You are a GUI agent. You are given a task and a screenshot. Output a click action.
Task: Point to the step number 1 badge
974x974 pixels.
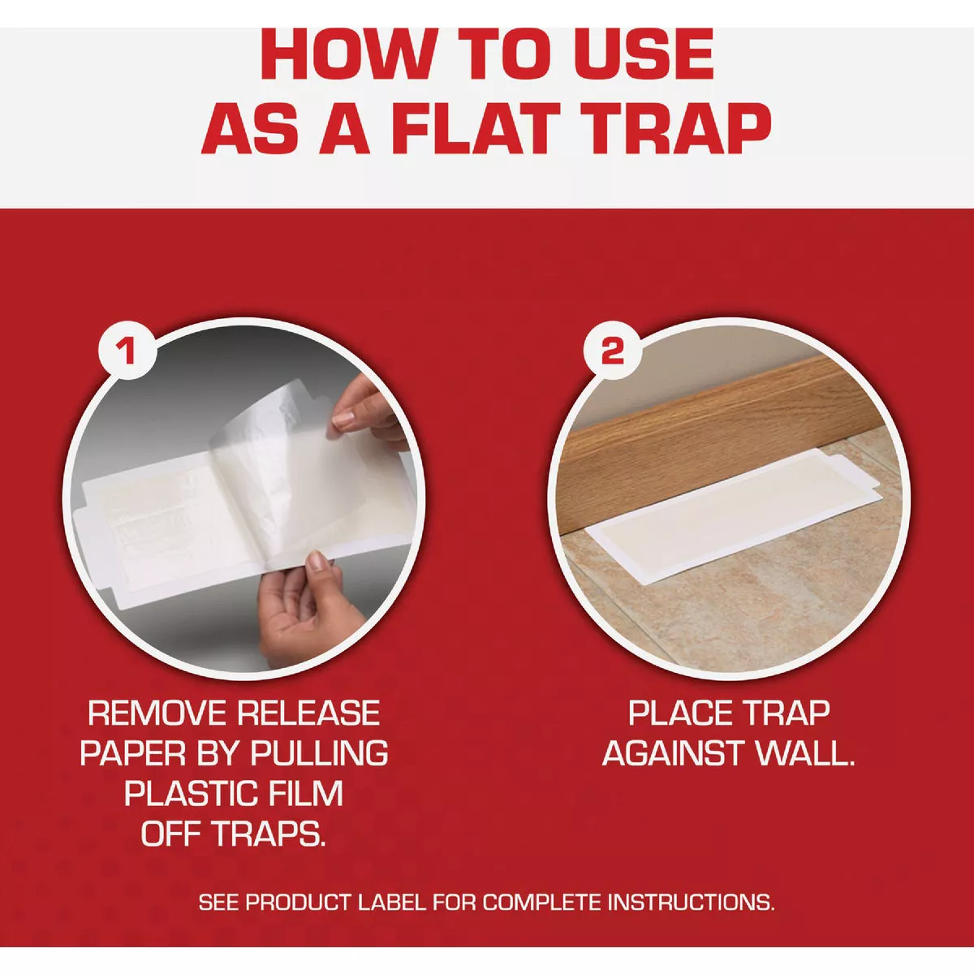pyautogui.click(x=127, y=351)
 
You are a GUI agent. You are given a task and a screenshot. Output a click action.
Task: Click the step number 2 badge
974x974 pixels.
pyautogui.click(x=612, y=351)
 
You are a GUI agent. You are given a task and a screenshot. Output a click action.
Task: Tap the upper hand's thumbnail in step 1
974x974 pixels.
pyautogui.click(x=346, y=419)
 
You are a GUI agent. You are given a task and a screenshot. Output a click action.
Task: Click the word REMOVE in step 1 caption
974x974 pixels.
pyautogui.click(x=157, y=713)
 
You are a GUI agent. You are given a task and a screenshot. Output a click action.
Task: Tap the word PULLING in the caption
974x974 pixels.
pyautogui.click(x=319, y=753)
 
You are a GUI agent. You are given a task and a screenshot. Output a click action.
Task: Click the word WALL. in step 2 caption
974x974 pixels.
pyautogui.click(x=805, y=753)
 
